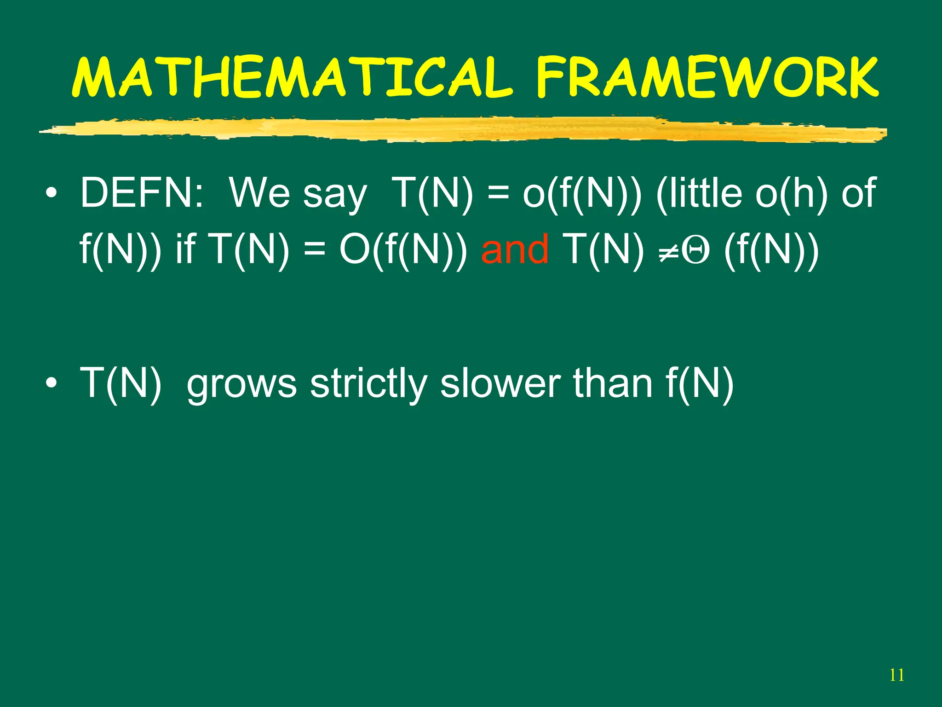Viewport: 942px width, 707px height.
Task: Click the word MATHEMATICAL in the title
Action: (293, 77)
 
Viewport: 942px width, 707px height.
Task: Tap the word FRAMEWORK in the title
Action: (707, 77)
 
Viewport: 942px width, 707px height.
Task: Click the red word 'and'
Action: (515, 249)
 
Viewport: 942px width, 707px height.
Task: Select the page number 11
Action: (896, 675)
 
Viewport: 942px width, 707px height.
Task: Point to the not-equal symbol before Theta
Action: (668, 251)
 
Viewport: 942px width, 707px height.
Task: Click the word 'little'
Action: (699, 192)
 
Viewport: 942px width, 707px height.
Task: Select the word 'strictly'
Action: (368, 383)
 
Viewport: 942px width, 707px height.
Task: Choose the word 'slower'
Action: (500, 383)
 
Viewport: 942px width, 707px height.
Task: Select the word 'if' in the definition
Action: (186, 249)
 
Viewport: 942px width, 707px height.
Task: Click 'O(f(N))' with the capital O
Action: (402, 249)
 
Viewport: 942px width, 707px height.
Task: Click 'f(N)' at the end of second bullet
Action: (700, 383)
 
